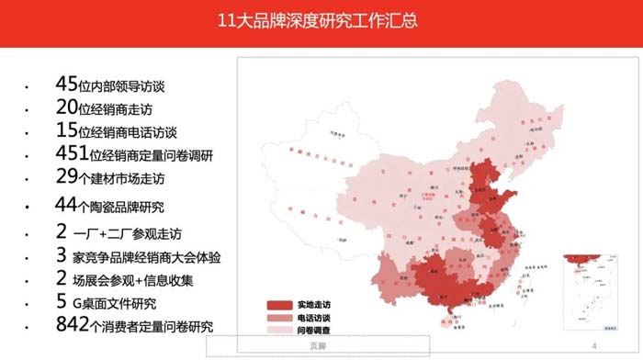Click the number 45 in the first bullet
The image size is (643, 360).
tap(66, 84)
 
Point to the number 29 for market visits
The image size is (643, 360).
tap(66, 175)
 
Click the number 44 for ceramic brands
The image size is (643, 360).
tap(66, 204)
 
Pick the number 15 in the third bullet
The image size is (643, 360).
tap(66, 130)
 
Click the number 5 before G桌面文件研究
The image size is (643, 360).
tap(61, 301)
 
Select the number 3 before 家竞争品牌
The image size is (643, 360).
tap(61, 255)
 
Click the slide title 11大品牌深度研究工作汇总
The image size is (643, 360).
tap(321, 20)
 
